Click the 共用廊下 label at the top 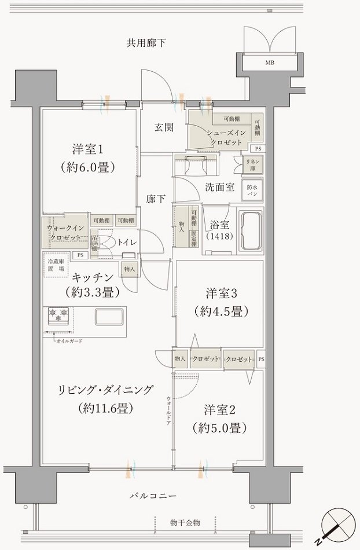pos(146,42)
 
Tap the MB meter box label pos(270,63)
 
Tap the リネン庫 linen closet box pos(252,164)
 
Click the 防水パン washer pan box pos(252,191)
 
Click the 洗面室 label pos(219,187)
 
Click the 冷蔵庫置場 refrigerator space pos(56,266)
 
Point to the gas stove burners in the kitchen pos(58,316)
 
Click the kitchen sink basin pos(109,317)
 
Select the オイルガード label pos(69,342)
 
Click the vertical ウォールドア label pos(168,411)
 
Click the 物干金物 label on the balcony pos(185,523)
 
